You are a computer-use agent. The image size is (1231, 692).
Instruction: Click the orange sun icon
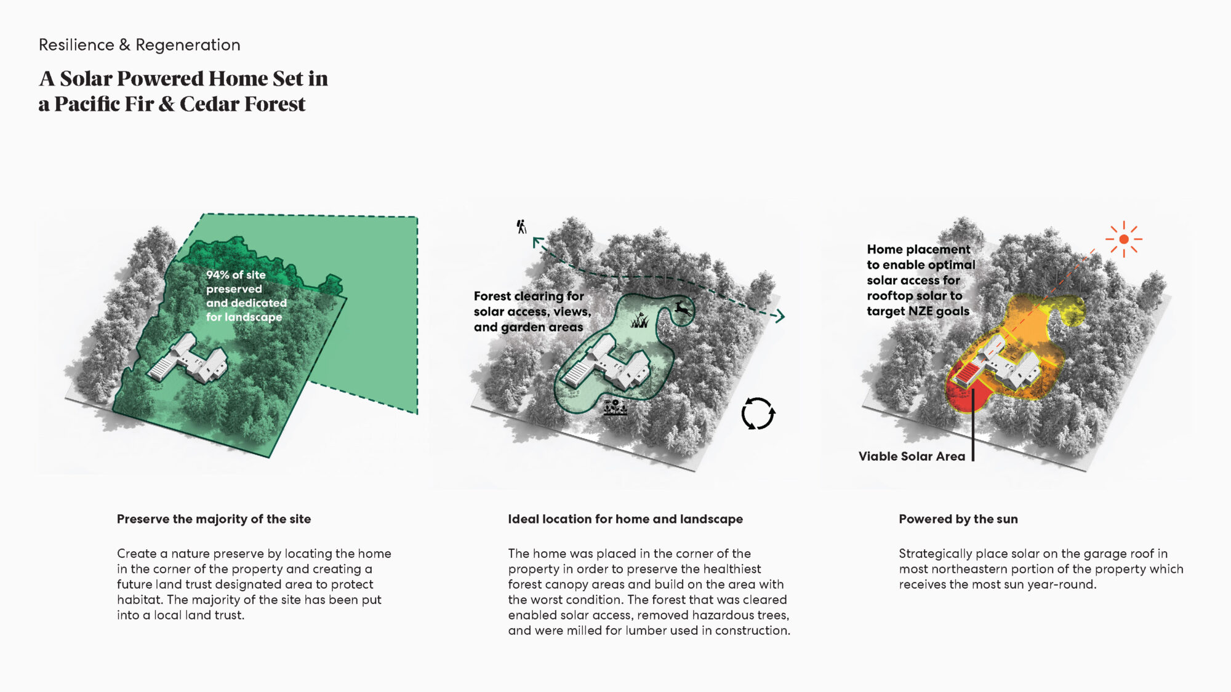click(x=1124, y=239)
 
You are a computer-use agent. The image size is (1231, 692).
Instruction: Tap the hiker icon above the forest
click(x=522, y=227)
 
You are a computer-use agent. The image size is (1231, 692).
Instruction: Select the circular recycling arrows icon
click(x=758, y=413)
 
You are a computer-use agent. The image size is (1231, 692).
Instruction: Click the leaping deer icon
click(x=683, y=308)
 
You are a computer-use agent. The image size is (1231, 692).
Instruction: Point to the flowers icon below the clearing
click(x=615, y=407)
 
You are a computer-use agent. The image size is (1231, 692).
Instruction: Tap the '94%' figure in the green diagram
click(x=217, y=275)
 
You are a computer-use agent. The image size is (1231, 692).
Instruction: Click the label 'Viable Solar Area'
click(x=912, y=456)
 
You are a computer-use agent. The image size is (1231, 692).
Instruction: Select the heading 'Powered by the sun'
click(x=958, y=519)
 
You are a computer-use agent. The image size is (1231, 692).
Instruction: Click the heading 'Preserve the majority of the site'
click(x=214, y=519)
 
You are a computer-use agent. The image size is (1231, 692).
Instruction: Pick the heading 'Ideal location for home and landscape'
click(x=625, y=519)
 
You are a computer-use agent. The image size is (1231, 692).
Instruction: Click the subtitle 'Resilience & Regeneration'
click(x=139, y=45)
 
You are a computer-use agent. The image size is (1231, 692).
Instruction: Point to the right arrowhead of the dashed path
click(x=780, y=316)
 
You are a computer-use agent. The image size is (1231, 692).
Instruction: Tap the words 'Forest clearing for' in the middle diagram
click(x=529, y=296)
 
